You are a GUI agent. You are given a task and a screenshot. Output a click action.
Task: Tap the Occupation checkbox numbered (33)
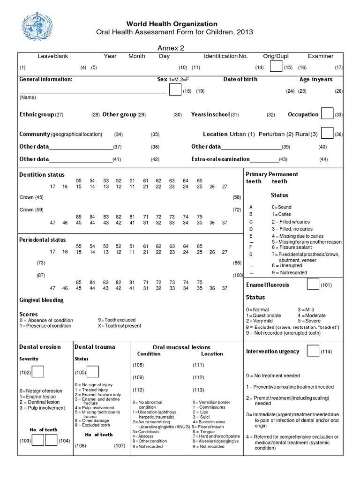pos(327,113)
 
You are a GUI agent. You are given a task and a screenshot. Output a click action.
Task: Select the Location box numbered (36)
pos(327,133)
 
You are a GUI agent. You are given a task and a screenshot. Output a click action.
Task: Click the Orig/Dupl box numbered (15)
pos(277,67)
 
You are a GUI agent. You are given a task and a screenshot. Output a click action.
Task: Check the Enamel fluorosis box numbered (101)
pos(313,284)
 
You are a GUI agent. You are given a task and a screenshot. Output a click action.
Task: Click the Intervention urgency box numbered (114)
pos(313,351)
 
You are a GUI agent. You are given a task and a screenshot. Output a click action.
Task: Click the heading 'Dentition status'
pos(42,175)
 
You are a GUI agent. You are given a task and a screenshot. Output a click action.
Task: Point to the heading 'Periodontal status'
pos(43,240)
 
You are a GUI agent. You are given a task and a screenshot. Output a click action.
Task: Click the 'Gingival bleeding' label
pos(41,300)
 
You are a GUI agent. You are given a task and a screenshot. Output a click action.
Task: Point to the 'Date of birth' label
pos(240,79)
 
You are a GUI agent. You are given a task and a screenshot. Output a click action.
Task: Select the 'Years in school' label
pos(210,114)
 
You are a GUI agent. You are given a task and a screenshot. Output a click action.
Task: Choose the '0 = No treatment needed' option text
pos(273,375)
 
